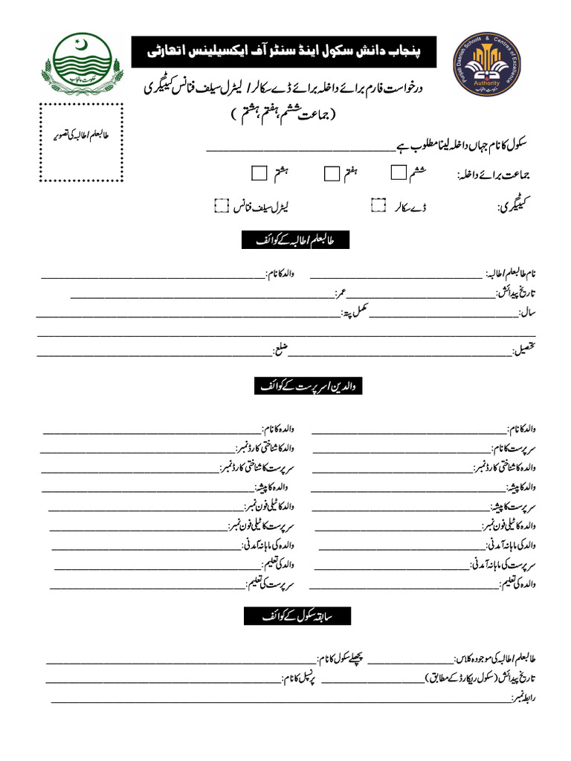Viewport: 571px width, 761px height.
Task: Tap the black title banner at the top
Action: pyautogui.click(x=283, y=52)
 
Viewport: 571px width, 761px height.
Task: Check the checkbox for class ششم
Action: pyautogui.click(x=398, y=172)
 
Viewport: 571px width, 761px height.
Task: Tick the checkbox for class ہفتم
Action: pyautogui.click(x=331, y=173)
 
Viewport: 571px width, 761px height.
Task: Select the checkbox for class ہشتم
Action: pyautogui.click(x=259, y=173)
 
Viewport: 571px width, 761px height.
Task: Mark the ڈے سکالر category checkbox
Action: pyautogui.click(x=379, y=205)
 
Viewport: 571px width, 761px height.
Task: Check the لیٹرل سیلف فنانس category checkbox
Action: pyautogui.click(x=221, y=205)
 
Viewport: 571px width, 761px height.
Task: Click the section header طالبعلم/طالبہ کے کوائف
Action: pyautogui.click(x=295, y=240)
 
